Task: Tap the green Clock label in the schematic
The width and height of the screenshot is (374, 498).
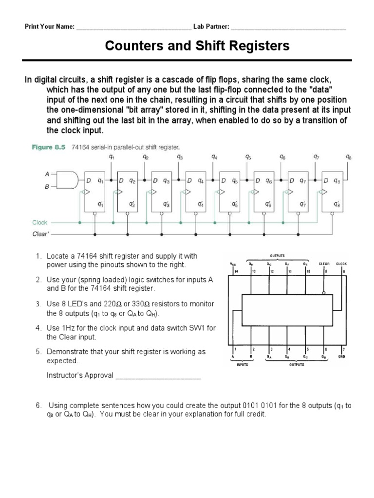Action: pos(40,223)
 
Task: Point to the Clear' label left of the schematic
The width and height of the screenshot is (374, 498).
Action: pos(40,233)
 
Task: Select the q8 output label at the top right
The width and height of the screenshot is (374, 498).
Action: pos(348,157)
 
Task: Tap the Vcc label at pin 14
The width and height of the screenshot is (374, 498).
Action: pos(233,264)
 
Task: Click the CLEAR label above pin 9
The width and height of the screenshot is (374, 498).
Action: pos(324,264)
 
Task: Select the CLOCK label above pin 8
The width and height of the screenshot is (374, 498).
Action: pos(341,264)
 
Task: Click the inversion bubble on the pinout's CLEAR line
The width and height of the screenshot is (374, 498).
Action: pos(324,293)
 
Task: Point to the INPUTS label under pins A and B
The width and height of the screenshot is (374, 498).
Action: pos(243,364)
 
